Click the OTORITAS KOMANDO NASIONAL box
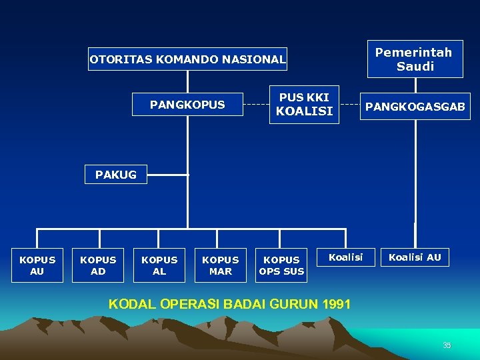(x=187, y=59)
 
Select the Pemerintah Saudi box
(x=415, y=59)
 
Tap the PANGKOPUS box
(x=187, y=105)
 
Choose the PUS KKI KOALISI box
(x=304, y=105)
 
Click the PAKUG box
(x=115, y=175)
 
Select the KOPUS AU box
(x=37, y=265)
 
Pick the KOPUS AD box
(x=98, y=265)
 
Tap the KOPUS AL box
(x=159, y=265)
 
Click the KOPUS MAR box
(x=221, y=265)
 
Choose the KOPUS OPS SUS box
(x=282, y=265)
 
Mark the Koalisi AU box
(x=415, y=257)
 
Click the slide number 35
(x=447, y=345)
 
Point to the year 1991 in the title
(x=336, y=304)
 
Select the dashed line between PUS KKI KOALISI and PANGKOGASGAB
(x=350, y=105)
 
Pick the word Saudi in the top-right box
(x=415, y=66)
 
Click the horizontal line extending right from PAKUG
(x=167, y=175)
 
